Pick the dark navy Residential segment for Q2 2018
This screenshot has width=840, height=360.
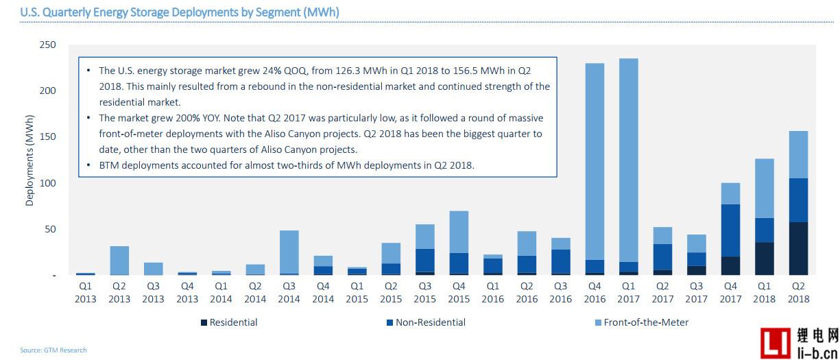pos(798,248)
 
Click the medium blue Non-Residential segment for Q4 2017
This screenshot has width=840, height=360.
pos(730,230)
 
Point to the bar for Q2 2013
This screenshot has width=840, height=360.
pos(119,260)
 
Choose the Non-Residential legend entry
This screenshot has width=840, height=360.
pos(426,322)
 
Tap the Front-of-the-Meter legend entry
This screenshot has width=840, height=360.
pos(642,322)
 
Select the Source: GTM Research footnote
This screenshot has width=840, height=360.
pos(53,350)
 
